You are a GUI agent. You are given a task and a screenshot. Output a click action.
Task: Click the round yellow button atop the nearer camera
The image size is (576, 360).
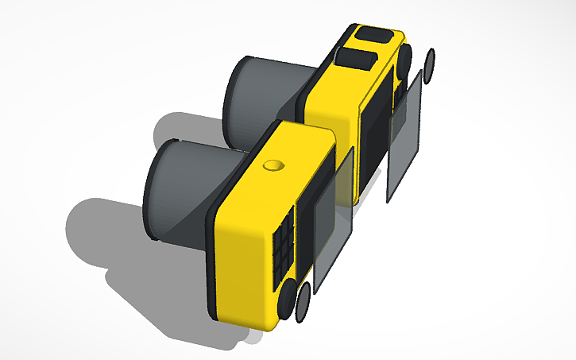click(273, 165)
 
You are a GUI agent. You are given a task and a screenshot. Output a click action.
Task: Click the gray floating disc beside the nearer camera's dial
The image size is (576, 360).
click(303, 304)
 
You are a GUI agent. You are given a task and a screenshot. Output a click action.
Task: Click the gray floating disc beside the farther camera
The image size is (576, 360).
click(430, 65)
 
